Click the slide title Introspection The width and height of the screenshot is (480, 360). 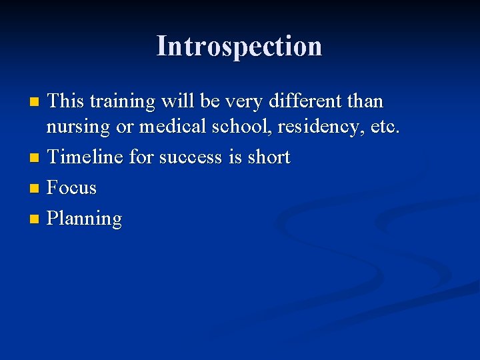tap(239, 47)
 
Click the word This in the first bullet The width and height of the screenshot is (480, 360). tap(67, 101)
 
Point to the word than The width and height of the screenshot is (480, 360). tap(366, 101)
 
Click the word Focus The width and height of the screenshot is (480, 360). tap(72, 188)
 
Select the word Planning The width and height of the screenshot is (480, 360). tap(85, 219)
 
